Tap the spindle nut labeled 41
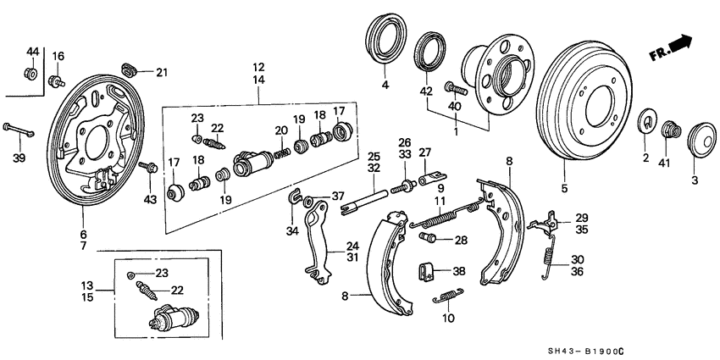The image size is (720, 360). (673, 130)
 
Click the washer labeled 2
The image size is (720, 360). (646, 121)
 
